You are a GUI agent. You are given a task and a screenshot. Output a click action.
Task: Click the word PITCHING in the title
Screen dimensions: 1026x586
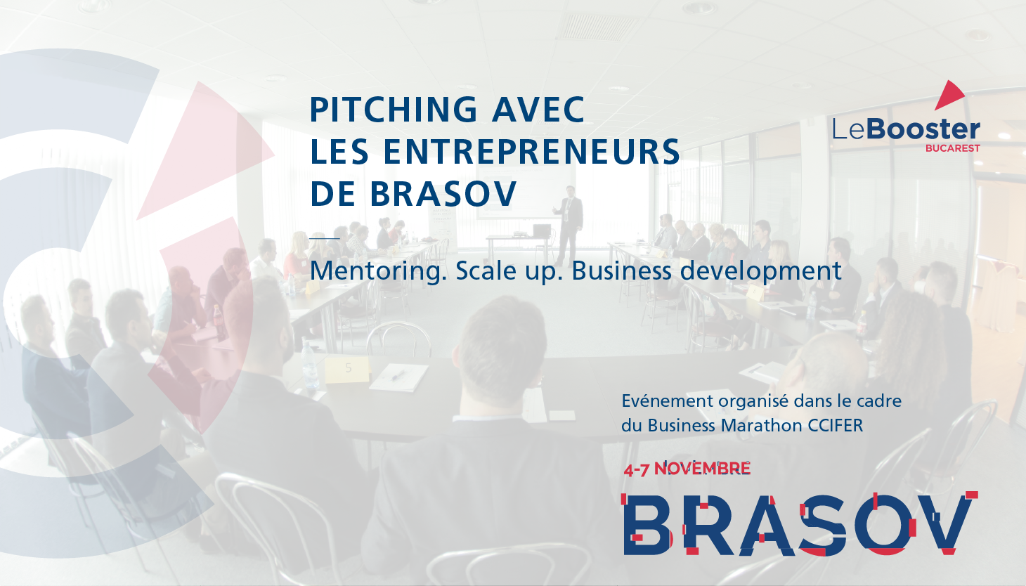(x=394, y=110)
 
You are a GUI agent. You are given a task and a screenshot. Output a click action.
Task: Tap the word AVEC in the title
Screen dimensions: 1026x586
(x=538, y=110)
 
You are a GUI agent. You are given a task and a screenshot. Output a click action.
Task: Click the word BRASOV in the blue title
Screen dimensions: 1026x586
(x=443, y=194)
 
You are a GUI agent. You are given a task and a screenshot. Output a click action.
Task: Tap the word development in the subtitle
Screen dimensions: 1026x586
(x=761, y=271)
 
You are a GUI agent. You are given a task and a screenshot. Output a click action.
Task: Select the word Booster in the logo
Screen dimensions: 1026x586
(x=923, y=129)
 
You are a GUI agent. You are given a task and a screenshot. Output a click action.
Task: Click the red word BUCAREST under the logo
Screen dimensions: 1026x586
(x=953, y=148)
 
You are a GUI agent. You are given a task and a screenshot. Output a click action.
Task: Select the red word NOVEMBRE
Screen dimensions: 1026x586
(x=702, y=469)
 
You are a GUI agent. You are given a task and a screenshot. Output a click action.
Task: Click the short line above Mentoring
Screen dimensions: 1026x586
(x=325, y=238)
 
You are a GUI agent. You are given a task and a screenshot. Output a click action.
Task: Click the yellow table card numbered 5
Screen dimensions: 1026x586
(x=346, y=370)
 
